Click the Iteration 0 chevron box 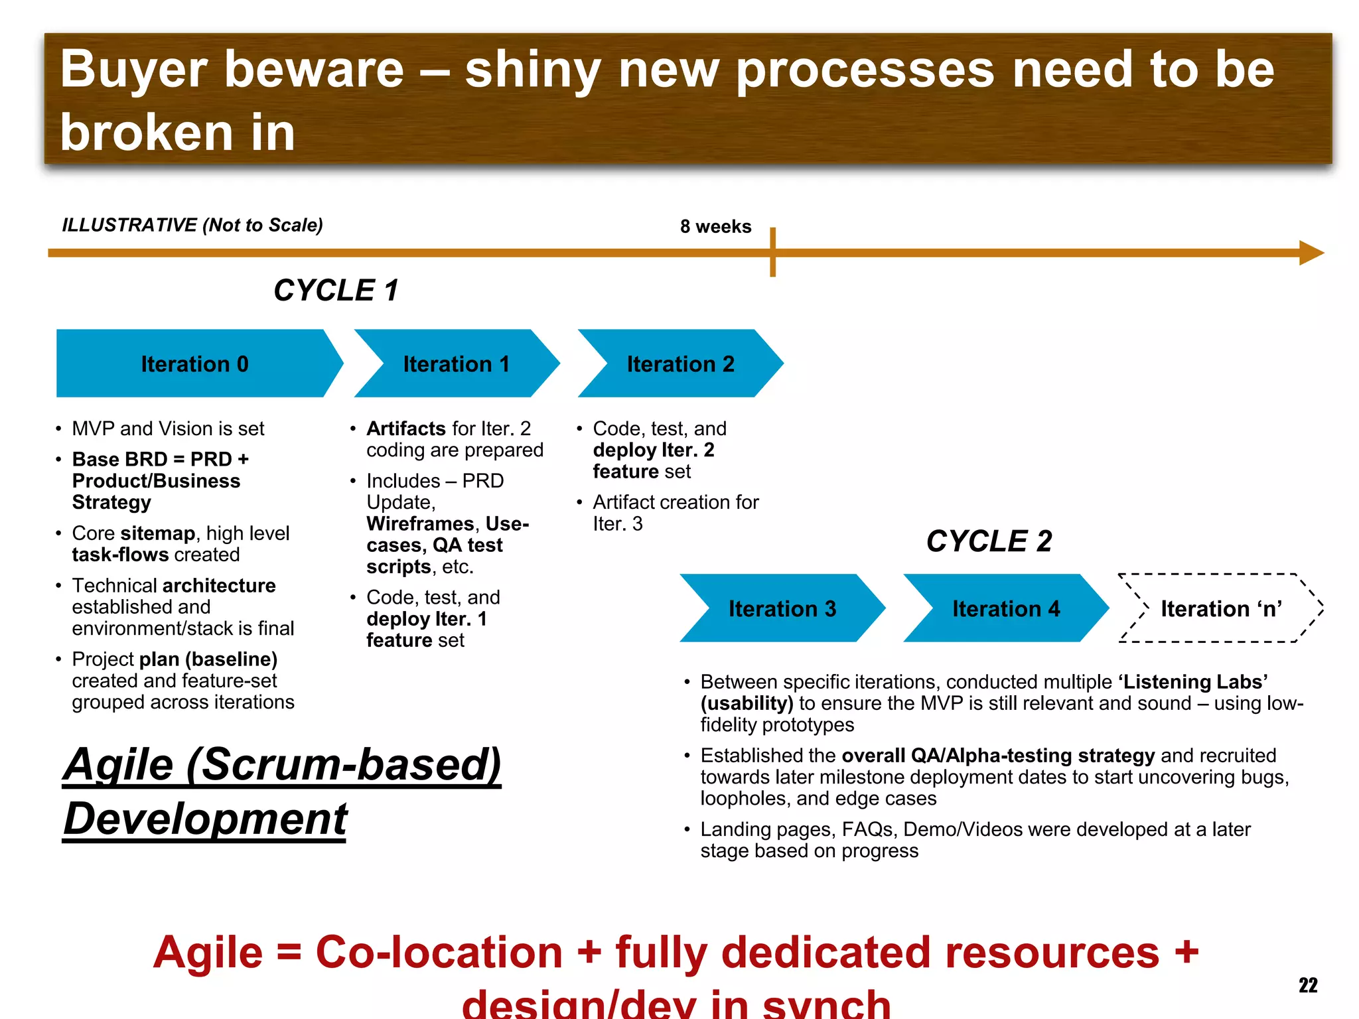click(194, 364)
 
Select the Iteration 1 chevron click(457, 364)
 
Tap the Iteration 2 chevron click(680, 364)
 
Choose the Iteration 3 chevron click(782, 608)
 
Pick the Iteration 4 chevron click(1006, 608)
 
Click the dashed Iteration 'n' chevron click(1221, 608)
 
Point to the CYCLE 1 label click(336, 291)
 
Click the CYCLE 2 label click(989, 541)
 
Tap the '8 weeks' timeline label click(715, 227)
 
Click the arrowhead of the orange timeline click(1311, 253)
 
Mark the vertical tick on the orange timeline click(773, 253)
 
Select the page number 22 click(1308, 985)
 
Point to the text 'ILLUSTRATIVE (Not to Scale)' click(192, 226)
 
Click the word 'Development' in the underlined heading click(206, 819)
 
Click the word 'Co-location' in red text click(439, 953)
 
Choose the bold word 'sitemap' click(158, 533)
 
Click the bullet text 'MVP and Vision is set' click(168, 429)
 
